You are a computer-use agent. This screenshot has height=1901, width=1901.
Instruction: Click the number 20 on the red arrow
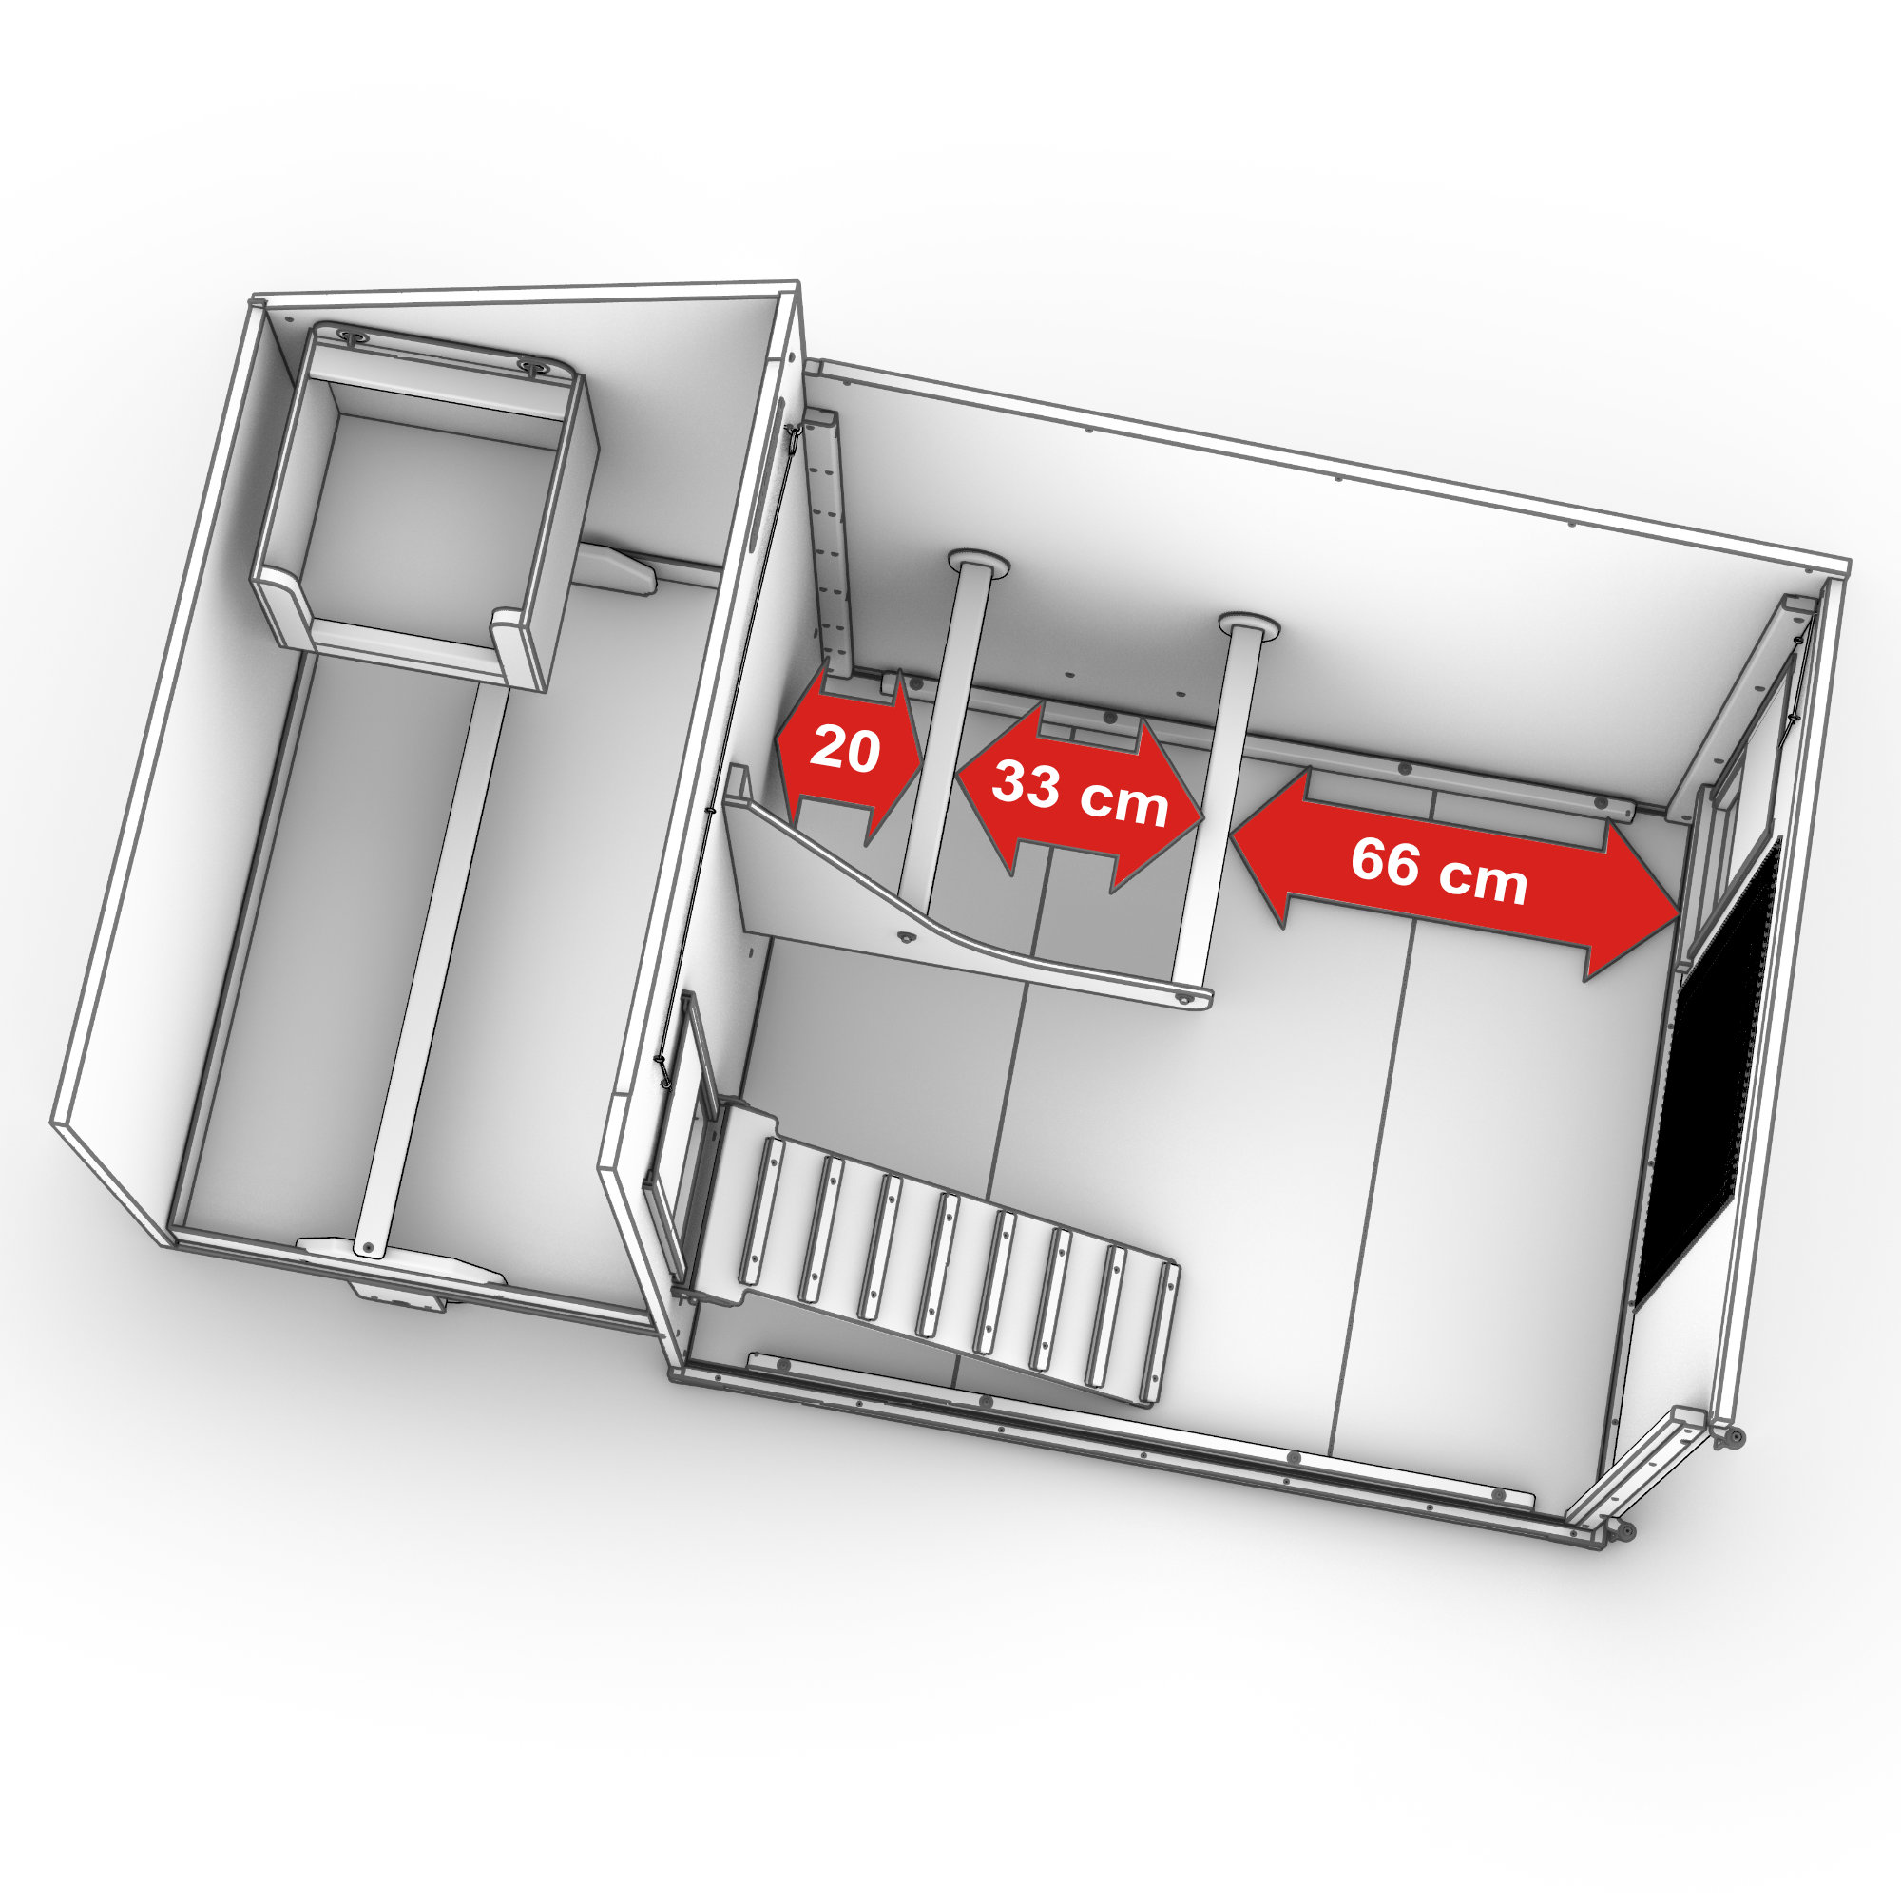844,750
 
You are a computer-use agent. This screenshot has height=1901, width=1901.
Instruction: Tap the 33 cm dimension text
1080,794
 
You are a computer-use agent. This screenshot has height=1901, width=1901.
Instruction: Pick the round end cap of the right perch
1249,626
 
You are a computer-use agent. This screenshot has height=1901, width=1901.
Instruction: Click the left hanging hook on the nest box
351,336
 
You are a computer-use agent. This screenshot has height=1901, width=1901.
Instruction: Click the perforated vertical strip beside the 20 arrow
830,551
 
